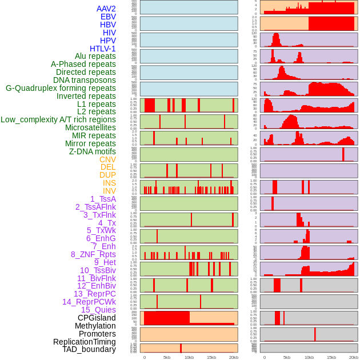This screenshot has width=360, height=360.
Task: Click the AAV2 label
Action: [x=106, y=9]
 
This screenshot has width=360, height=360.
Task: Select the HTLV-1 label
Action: [x=102, y=49]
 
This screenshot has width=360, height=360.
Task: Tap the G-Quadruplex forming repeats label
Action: [x=61, y=88]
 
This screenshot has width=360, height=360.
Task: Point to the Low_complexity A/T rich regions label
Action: [x=58, y=119]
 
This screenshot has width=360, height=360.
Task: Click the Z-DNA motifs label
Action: [x=92, y=151]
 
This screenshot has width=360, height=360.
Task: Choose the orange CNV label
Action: [x=107, y=159]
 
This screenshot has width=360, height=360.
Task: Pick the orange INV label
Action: [x=109, y=191]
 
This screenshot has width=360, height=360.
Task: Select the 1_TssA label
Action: [x=103, y=199]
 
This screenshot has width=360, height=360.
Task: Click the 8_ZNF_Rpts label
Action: [x=93, y=254]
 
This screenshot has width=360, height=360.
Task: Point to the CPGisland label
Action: [x=97, y=318]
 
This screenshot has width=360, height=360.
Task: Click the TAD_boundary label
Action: [x=89, y=349]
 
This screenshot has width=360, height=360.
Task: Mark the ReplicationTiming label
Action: [x=84, y=342]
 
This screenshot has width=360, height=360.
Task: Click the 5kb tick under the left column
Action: [x=167, y=357]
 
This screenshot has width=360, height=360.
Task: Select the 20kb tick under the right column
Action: [x=354, y=357]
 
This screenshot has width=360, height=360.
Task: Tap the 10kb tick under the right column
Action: [x=309, y=357]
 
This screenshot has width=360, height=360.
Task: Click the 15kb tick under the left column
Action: [x=211, y=357]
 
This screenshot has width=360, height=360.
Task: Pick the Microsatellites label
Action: [x=90, y=127]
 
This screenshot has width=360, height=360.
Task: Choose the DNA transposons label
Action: [x=85, y=80]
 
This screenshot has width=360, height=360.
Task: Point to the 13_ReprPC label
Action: [x=94, y=294]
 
